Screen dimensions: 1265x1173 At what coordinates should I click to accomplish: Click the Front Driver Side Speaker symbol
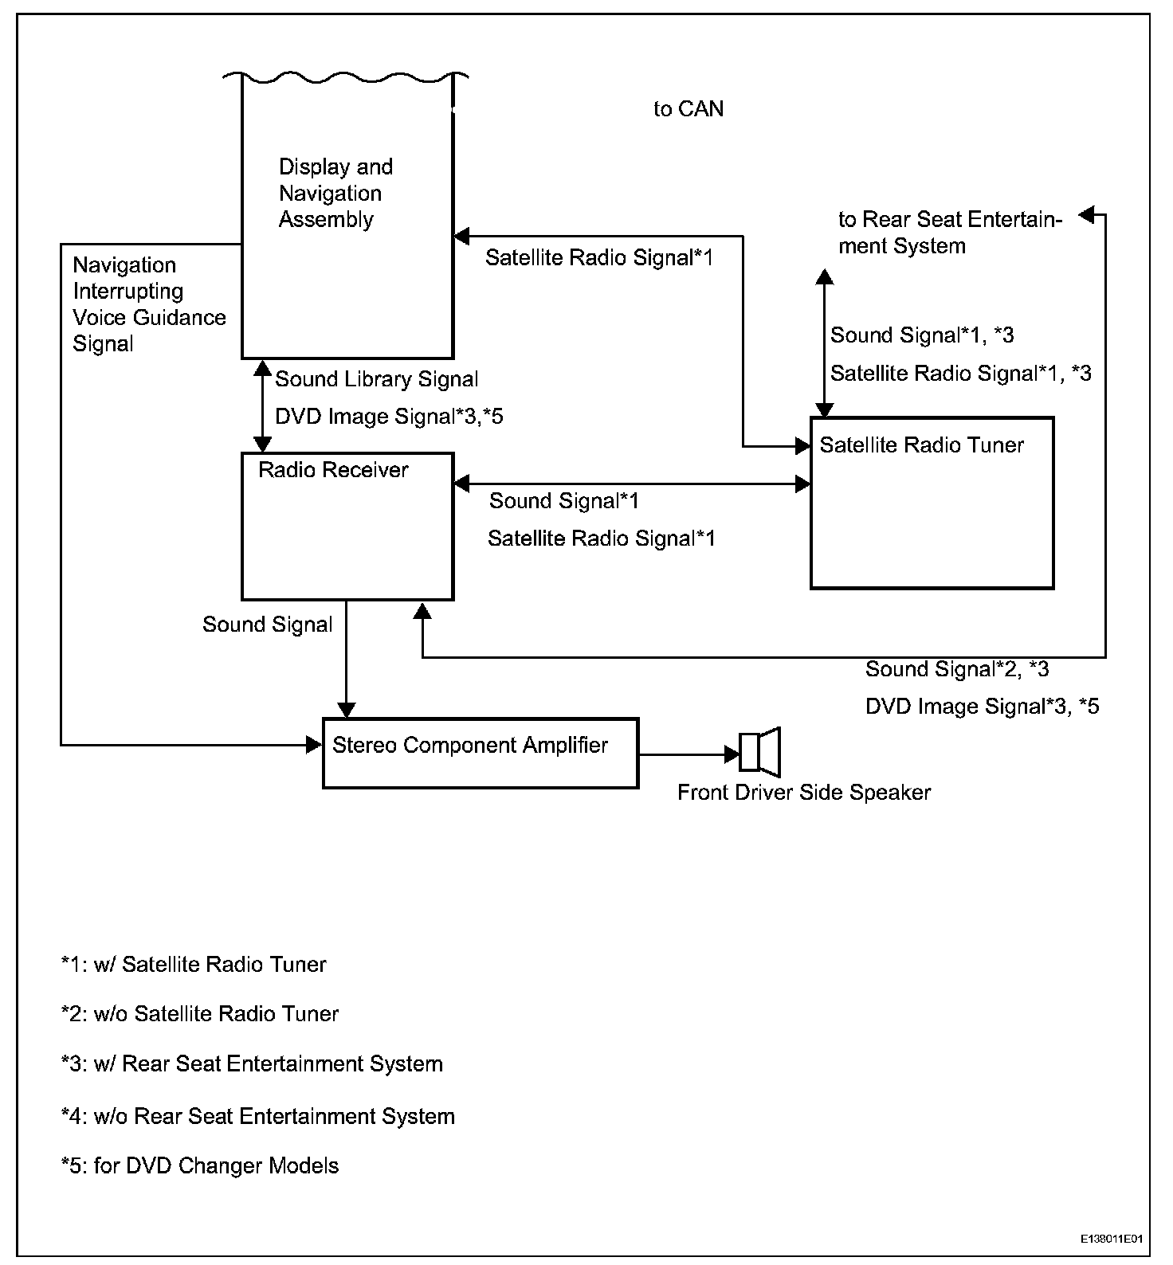click(x=760, y=752)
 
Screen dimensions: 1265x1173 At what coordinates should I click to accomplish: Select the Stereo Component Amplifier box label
click(x=469, y=746)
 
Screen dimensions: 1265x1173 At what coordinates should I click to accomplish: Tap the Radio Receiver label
click(x=333, y=470)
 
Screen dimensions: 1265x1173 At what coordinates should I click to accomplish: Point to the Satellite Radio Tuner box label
click(x=921, y=445)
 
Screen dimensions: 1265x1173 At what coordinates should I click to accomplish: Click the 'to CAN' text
click(x=688, y=109)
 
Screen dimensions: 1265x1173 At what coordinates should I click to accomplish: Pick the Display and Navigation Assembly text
click(x=335, y=194)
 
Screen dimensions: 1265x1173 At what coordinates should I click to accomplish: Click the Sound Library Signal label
click(x=377, y=379)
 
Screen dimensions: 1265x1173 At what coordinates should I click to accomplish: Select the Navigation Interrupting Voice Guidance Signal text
click(x=149, y=304)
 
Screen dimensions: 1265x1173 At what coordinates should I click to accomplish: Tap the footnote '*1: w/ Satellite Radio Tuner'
click(x=194, y=965)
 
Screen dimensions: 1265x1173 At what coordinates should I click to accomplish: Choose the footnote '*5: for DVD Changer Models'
click(x=200, y=1166)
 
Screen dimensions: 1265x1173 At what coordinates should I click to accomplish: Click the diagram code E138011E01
click(x=1112, y=1240)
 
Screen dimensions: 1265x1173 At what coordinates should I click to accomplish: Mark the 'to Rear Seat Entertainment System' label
click(x=950, y=233)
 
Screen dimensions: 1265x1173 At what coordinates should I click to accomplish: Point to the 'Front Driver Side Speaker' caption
click(x=804, y=793)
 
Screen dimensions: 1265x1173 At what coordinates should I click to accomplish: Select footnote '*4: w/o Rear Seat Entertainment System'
click(x=258, y=1117)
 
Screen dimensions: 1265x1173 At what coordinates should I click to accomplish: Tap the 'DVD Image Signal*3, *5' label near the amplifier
click(x=982, y=707)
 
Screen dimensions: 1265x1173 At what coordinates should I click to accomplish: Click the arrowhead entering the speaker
click(x=732, y=754)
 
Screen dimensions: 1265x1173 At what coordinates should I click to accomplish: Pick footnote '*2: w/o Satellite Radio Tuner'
click(x=200, y=1014)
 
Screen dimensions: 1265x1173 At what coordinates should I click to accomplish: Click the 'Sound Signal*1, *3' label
click(x=922, y=335)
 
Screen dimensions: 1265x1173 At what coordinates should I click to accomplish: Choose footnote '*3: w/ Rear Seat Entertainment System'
click(x=252, y=1064)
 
